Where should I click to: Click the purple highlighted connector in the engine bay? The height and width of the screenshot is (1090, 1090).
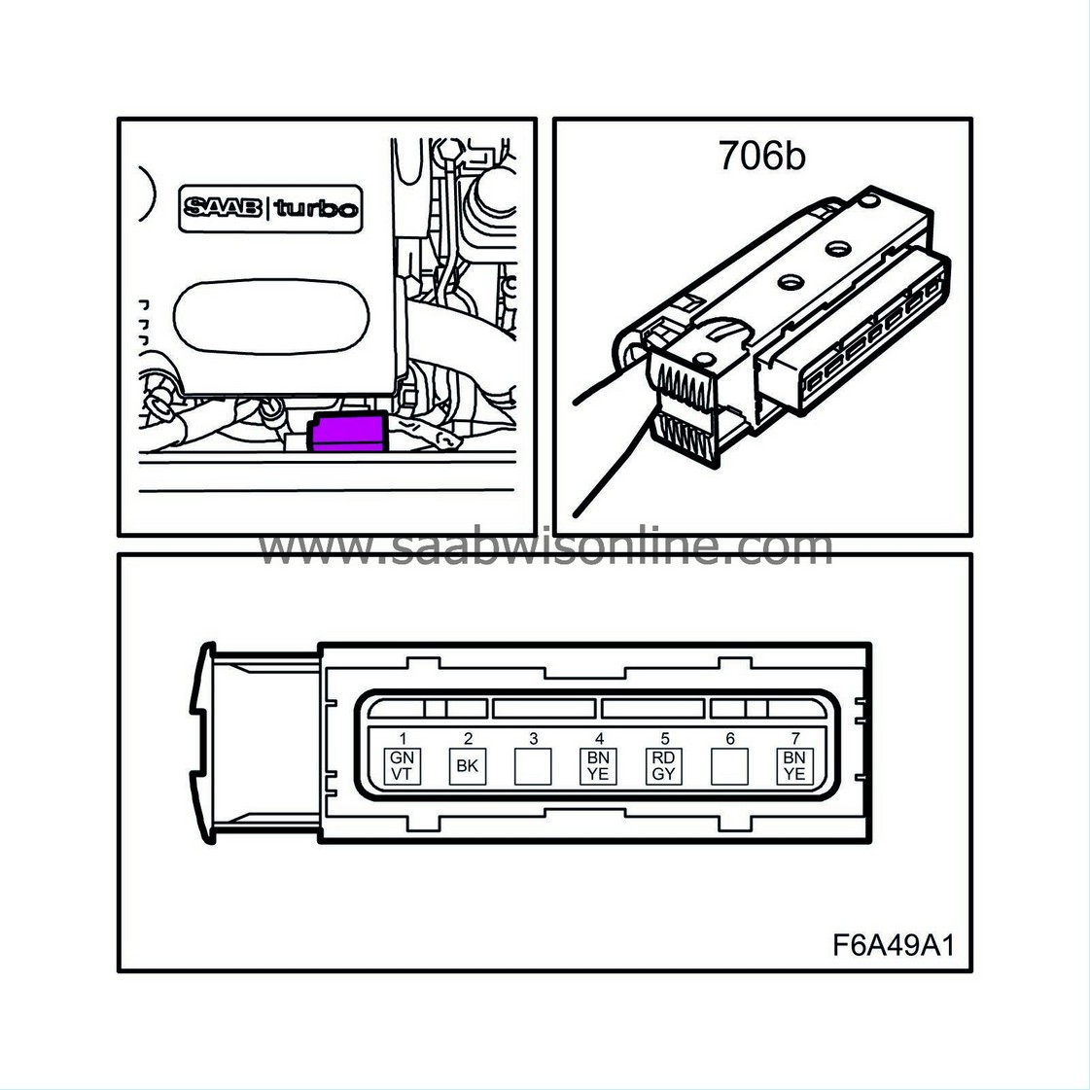click(x=346, y=433)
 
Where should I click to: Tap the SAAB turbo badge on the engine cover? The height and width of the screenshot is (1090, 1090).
click(x=270, y=208)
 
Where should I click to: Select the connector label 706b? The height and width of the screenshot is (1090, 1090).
click(x=762, y=156)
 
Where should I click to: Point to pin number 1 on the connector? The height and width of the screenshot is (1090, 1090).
click(x=402, y=740)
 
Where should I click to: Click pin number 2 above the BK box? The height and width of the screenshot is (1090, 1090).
click(x=467, y=740)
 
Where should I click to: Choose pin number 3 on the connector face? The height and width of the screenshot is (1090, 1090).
click(x=533, y=740)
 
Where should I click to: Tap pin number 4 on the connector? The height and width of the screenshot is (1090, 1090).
click(x=599, y=740)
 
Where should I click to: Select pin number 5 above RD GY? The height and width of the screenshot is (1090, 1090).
click(x=664, y=740)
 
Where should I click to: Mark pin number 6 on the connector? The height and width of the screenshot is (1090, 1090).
click(x=730, y=740)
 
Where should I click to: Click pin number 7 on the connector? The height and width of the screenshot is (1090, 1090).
click(x=795, y=740)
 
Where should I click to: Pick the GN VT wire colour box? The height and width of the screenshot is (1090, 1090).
click(x=402, y=766)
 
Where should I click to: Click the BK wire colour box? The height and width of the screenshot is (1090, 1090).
click(x=467, y=766)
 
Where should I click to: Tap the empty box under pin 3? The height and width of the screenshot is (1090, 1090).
click(x=533, y=766)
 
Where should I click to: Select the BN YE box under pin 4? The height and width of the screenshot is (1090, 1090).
click(x=599, y=766)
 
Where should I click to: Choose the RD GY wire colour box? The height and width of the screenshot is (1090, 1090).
click(x=664, y=766)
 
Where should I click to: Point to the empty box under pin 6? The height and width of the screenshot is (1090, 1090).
click(x=730, y=766)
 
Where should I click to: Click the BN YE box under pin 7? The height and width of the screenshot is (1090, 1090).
click(x=795, y=766)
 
